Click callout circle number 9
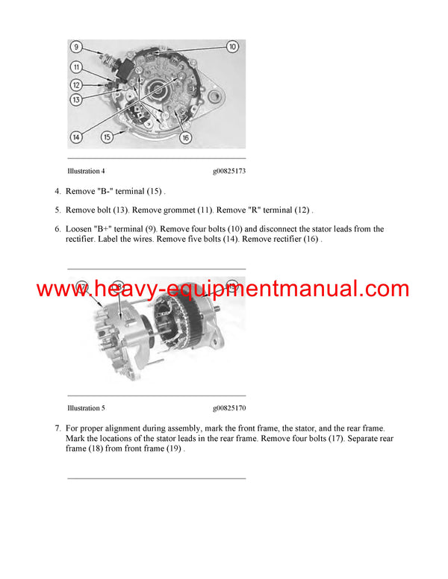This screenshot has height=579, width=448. (76, 47)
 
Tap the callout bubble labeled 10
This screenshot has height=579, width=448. (231, 47)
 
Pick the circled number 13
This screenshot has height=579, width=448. (76, 99)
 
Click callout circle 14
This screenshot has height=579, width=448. (76, 137)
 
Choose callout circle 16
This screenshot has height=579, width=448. (185, 137)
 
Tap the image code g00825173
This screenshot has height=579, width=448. (229, 171)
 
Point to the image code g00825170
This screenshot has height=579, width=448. (229, 408)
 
